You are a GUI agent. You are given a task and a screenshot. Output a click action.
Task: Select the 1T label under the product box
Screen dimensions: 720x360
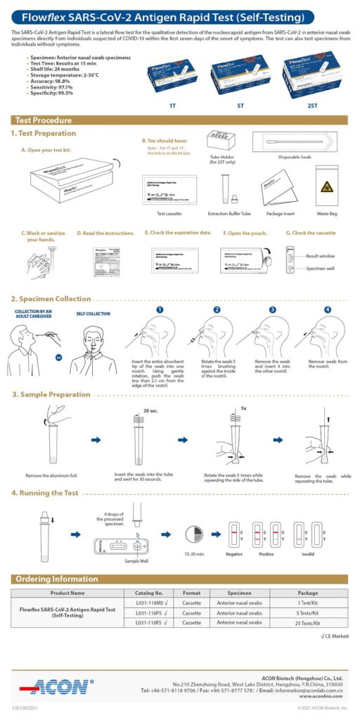click(172, 105)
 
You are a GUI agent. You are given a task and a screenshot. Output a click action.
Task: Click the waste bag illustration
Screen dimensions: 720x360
click(328, 186)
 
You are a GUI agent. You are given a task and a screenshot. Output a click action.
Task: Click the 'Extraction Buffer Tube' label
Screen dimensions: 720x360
click(229, 213)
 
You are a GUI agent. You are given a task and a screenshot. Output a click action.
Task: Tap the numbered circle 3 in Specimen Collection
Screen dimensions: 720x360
click(272, 309)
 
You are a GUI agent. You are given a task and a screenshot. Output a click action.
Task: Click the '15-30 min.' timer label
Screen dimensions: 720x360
click(193, 554)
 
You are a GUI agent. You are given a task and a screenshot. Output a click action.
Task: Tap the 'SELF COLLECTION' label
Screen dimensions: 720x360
click(93, 314)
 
